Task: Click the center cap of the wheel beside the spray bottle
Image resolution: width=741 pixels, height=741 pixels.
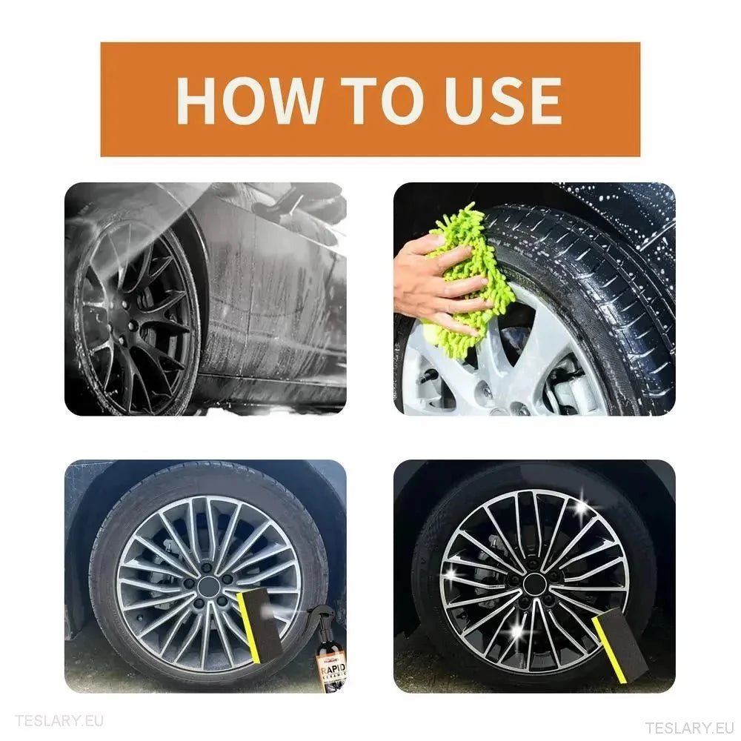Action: [x=208, y=587]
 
